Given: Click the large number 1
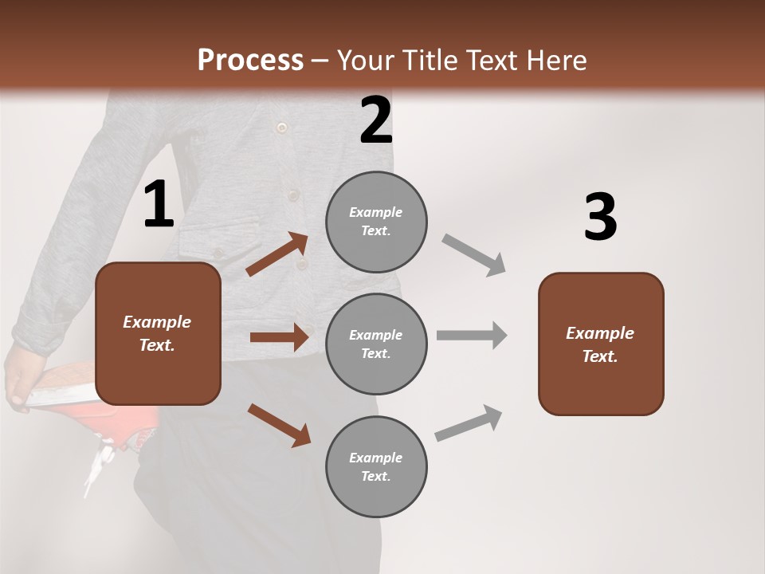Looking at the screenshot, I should tap(159, 205).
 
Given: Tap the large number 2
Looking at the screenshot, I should tap(376, 121).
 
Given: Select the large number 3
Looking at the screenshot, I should tap(600, 218).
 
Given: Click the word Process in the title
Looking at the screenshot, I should tap(250, 60).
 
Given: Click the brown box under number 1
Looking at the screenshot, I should tap(158, 333).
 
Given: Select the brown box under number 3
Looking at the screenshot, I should tap(601, 344).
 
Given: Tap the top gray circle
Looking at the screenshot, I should tap(376, 222).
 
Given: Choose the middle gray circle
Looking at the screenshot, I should tap(376, 344).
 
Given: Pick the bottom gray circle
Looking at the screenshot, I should tap(376, 466).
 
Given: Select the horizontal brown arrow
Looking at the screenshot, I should tap(279, 337).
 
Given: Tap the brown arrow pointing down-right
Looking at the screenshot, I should tap(279, 425).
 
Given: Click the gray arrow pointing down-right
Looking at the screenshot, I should tap(474, 254).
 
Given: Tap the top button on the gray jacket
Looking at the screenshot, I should tap(280, 128).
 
